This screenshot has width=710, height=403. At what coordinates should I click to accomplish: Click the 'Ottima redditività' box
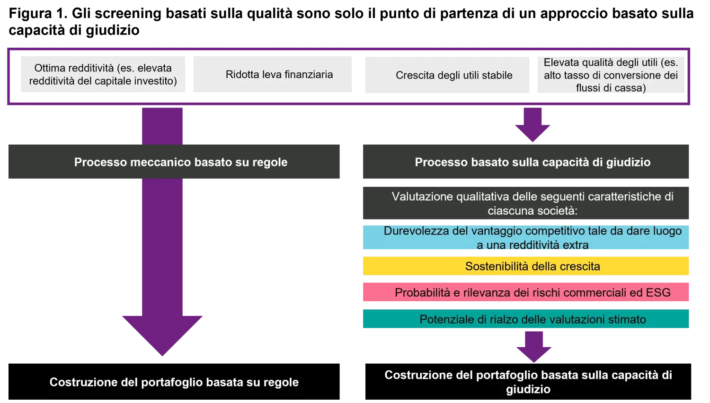pos(102,74)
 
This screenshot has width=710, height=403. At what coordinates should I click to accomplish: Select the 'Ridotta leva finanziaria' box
pos(273,74)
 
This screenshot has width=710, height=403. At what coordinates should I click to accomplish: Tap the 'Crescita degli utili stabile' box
pos(446,75)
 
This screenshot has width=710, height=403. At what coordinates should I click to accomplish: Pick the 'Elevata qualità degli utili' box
pos(610,75)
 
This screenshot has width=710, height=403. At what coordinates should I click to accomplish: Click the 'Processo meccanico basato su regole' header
pos(174,162)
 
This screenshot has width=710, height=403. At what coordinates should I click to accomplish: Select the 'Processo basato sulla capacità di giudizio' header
pos(524,162)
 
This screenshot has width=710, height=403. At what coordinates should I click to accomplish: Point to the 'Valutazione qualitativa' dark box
pos(524,203)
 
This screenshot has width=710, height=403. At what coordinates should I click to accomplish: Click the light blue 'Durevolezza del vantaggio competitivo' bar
pos(524,237)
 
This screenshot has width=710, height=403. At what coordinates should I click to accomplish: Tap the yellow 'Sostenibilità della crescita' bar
pos(524,266)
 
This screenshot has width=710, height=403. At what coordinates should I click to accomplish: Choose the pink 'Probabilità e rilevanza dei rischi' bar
pos(524,292)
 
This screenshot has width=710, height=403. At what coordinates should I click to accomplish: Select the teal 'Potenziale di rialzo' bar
pos(524,319)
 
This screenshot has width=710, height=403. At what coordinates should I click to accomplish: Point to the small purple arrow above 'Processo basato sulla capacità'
pos(532,125)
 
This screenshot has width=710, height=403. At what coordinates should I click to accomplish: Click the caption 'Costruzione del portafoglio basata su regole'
pos(174,382)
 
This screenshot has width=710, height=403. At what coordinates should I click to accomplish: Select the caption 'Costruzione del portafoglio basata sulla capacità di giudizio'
pos(528,382)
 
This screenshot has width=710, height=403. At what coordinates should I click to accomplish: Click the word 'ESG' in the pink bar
pos(658,293)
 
